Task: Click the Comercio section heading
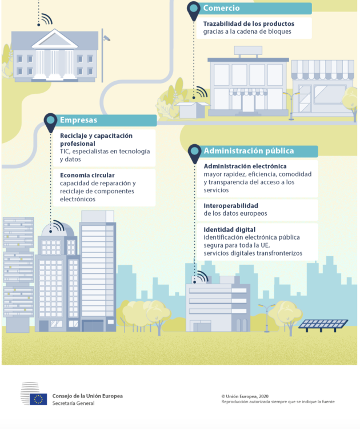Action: coord(221,8)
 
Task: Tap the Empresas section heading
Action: coord(78,120)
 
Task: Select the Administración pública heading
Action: coord(249,151)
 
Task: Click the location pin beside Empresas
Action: coord(50,122)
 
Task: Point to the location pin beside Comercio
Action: coord(194,11)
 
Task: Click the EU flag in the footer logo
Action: coord(38,399)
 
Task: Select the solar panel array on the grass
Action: coord(323,324)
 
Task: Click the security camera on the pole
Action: coord(106,38)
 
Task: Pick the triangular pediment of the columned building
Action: coord(55,39)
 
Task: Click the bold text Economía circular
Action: coord(87,175)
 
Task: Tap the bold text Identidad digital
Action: coord(230,229)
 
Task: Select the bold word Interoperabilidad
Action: coord(231,205)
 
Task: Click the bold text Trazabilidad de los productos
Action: coord(249,24)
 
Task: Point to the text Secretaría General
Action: coord(74,403)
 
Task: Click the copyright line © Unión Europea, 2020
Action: coord(245,396)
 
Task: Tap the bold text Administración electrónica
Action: coord(245,166)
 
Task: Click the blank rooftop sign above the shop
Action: coord(248,50)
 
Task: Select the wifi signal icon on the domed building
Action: coord(57,226)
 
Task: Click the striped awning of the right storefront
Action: coord(322,70)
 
